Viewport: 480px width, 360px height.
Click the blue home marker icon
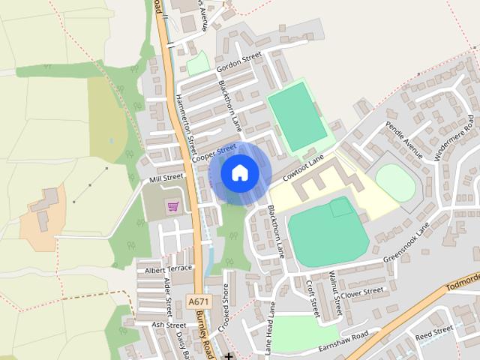click(240, 172)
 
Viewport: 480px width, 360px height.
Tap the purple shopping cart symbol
click(173, 206)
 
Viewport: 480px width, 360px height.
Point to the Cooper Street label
click(214, 152)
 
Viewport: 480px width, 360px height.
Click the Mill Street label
click(166, 178)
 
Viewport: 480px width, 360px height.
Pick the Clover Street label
click(363, 290)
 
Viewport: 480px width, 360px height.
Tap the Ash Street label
click(168, 325)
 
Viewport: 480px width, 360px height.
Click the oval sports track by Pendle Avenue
click(394, 183)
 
